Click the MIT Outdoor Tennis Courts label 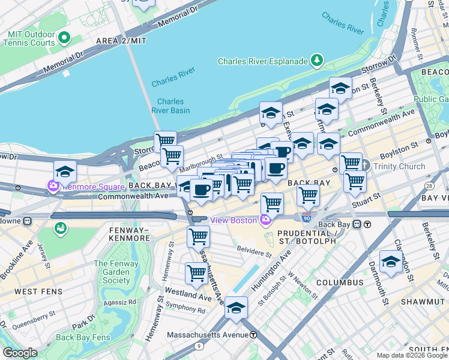(x=30, y=38)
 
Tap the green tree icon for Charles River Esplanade (x=316, y=61)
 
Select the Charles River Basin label (x=171, y=106)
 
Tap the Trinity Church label (x=399, y=166)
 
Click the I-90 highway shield (x=306, y=220)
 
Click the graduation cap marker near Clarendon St (x=391, y=262)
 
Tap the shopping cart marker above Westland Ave (x=196, y=273)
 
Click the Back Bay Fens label (x=83, y=337)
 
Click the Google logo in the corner (x=19, y=353)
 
